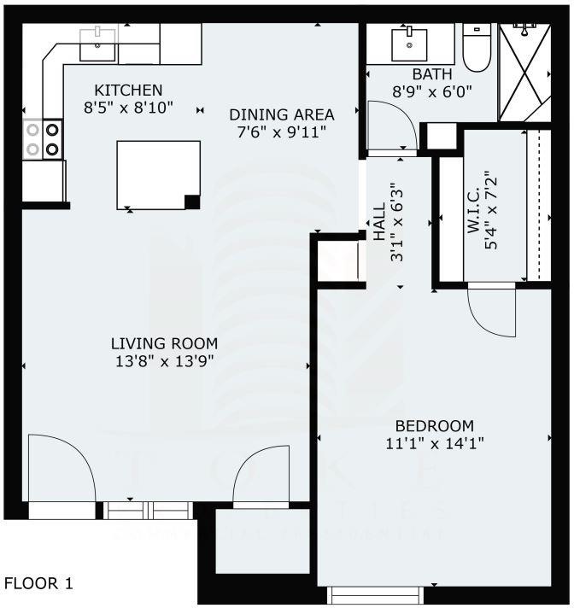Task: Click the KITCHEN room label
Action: pyautogui.click(x=128, y=90)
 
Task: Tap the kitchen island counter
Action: pyautogui.click(x=158, y=174)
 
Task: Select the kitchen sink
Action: pyautogui.click(x=97, y=43)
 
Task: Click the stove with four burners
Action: pyautogui.click(x=42, y=140)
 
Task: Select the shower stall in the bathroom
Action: pyautogui.click(x=524, y=72)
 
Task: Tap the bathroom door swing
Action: pyautogui.click(x=391, y=126)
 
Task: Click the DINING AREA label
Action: pyautogui.click(x=281, y=114)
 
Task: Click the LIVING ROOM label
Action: pyautogui.click(x=164, y=343)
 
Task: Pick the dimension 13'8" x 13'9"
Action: pyautogui.click(x=164, y=360)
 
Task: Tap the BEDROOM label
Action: pyautogui.click(x=434, y=426)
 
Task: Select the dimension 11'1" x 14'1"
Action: pyautogui.click(x=434, y=443)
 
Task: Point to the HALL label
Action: pyautogui.click(x=379, y=225)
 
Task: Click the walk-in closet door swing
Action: pyautogui.click(x=493, y=312)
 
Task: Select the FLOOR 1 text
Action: pyautogui.click(x=39, y=584)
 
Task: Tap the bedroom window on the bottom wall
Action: pyautogui.click(x=376, y=593)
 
